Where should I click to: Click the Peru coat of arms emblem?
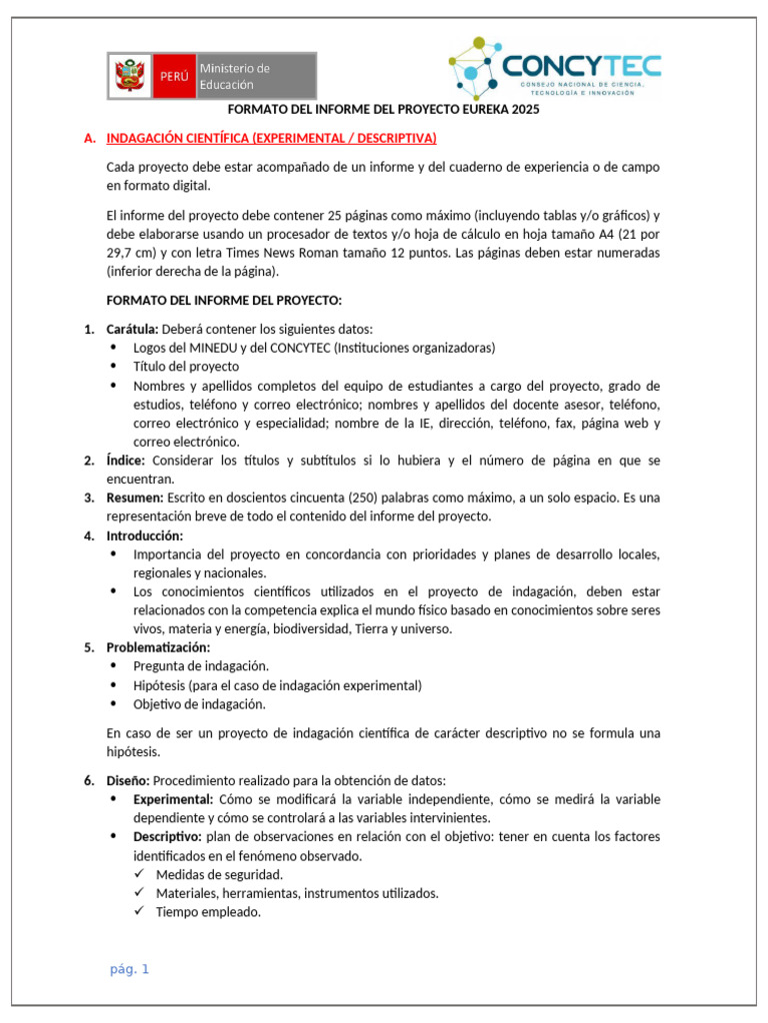click(x=130, y=76)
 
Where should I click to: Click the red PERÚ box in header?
click(x=173, y=77)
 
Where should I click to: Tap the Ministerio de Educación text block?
click(x=235, y=76)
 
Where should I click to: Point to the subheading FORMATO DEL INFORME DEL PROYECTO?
click(x=224, y=301)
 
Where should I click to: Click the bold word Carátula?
click(x=131, y=330)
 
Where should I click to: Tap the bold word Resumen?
click(x=135, y=498)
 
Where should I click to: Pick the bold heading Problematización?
click(x=158, y=647)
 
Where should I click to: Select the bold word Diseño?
click(x=128, y=780)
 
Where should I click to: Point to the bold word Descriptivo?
click(x=167, y=837)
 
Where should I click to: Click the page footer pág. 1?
click(x=129, y=969)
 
